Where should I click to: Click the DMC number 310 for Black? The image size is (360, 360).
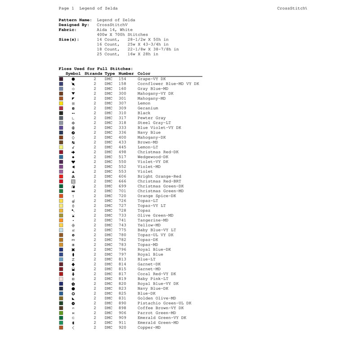pos(122,113)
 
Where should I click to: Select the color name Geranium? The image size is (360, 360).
pos(148,108)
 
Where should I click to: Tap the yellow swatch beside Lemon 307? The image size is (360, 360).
pos(61,103)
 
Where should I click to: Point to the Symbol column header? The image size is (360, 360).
pos(73,74)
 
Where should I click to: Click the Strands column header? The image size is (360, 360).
pos(93,74)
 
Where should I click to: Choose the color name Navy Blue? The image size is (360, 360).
pos(149,133)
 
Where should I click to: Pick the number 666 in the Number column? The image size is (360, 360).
pos(122,181)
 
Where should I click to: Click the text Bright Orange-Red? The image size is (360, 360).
pos(159,176)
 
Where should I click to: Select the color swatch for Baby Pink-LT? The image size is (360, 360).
pos(61,279)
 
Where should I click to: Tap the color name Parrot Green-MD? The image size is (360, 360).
pos(157,313)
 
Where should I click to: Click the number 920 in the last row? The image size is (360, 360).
pos(122,328)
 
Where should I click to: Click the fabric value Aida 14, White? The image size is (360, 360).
pos(115,30)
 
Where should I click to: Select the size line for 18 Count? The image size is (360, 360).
pos(138,49)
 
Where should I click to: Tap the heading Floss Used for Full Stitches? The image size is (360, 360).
pos(95,69)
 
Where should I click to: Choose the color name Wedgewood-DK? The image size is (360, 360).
pos(153,157)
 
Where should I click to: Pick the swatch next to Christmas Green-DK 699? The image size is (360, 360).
pos(61,186)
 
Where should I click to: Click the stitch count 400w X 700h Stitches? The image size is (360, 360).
pos(122,35)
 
